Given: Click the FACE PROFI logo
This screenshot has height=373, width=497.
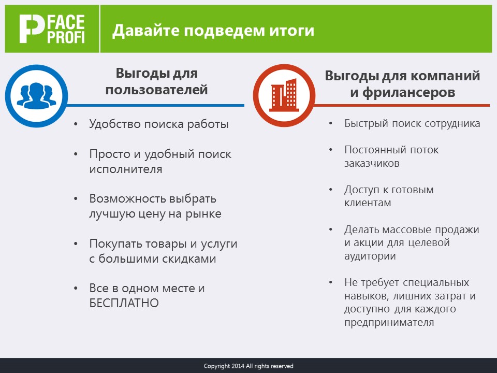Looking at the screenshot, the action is pos(52,29).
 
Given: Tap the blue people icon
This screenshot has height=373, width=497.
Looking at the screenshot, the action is pos(36,96).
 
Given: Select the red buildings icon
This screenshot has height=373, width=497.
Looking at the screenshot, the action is pos(284,95).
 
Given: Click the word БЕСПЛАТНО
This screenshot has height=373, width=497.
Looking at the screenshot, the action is pos(124,303).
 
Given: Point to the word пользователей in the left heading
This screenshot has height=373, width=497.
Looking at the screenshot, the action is pos(156,90).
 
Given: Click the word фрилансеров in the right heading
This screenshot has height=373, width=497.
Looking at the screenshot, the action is pos(409,93).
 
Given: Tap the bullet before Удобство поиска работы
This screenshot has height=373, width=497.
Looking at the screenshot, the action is pos(76,124).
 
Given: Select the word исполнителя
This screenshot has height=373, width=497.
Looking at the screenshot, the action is pos(126,169).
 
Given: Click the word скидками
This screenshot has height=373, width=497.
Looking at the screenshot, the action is pos(189,259).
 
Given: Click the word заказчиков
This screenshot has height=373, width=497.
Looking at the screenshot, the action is pos(372,164).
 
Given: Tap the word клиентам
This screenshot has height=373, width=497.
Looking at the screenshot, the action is pos(368,203).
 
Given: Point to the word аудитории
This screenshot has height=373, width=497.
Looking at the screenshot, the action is pos(370,256).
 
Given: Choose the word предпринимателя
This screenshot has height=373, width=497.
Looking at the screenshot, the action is pos(389,323).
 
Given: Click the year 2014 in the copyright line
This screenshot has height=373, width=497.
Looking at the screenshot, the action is pos(238,366).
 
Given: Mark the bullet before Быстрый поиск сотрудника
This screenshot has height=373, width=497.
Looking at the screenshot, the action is pos(331,123).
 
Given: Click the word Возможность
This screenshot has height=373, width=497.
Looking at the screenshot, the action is pos(128,199).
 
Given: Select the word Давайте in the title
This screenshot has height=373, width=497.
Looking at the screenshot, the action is pos(146,31).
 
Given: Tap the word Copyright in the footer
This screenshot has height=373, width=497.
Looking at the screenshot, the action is pos(217,366).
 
